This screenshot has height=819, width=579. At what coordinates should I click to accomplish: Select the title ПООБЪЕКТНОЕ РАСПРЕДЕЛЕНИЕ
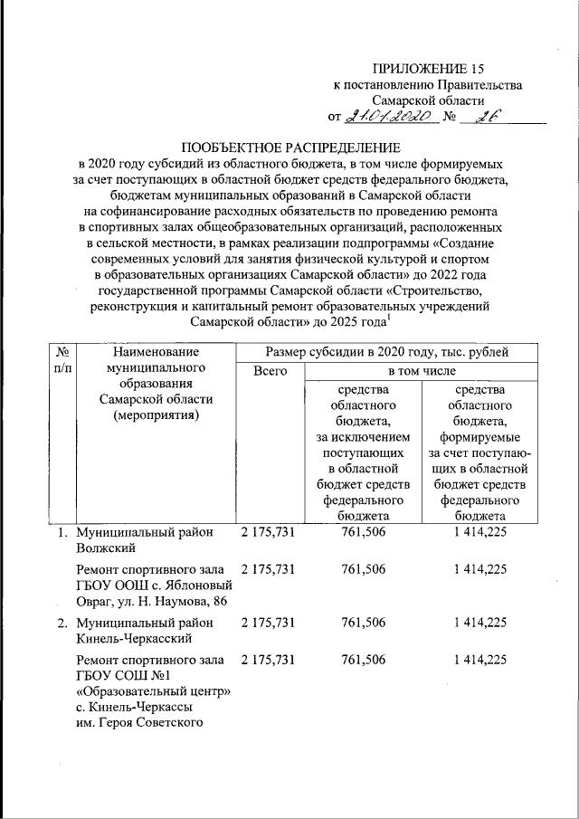coord(289,148)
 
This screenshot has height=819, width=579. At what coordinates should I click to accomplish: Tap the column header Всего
coord(270,371)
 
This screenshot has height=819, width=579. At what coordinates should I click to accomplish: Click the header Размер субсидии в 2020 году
coord(384,351)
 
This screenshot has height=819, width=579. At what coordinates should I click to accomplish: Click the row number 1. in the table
coord(63,533)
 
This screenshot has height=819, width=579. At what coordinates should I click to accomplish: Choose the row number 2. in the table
coord(63,623)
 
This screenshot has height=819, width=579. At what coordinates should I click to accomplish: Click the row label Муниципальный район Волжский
coord(145,540)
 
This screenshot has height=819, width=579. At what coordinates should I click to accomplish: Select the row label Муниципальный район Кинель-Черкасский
coord(145,630)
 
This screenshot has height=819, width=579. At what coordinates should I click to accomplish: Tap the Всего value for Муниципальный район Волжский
coord(269,533)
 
